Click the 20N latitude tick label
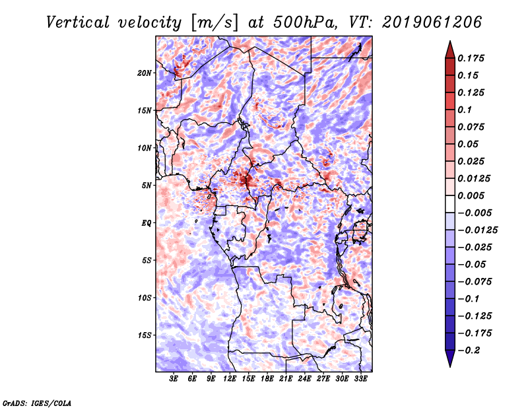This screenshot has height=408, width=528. pos(145,73)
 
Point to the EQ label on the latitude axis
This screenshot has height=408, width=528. pos(147,222)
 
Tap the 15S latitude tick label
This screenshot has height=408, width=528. pos(145,335)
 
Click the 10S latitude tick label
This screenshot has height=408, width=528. pos(145,298)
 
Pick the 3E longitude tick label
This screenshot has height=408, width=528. pos(174,380)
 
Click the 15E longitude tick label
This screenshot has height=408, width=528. pos(248,380)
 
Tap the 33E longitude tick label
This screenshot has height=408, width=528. pos(360,380)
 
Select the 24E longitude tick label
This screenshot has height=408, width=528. pos(304,380)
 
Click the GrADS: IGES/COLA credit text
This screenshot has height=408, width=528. pos(36,401)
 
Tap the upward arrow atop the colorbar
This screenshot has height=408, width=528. pos(449,48)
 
